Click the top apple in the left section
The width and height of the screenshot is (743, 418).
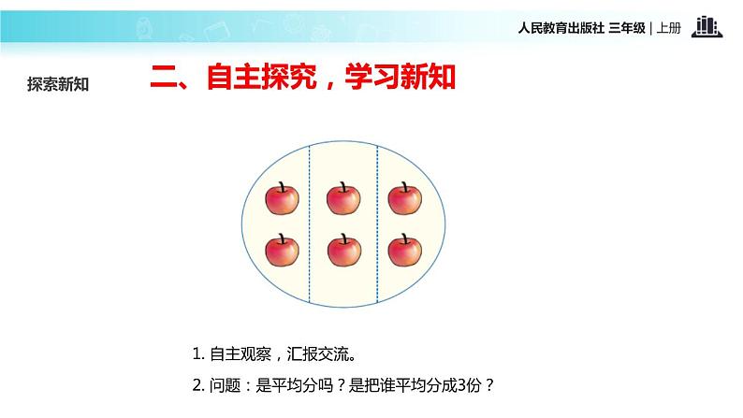283,198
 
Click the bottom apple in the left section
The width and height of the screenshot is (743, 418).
283,250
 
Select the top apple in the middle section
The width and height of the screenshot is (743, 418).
343,198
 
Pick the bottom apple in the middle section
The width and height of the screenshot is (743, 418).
343,250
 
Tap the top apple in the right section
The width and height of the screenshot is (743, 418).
404,198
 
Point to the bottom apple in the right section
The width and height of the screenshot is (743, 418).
404,250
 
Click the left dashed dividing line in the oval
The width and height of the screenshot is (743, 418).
310,224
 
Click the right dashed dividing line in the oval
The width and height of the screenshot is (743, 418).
377,224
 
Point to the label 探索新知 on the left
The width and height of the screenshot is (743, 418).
58,83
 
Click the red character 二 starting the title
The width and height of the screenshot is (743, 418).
165,79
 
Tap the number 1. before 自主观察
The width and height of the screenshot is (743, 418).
197,354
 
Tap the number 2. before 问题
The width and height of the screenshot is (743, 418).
197,384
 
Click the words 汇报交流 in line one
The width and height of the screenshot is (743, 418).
325,354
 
